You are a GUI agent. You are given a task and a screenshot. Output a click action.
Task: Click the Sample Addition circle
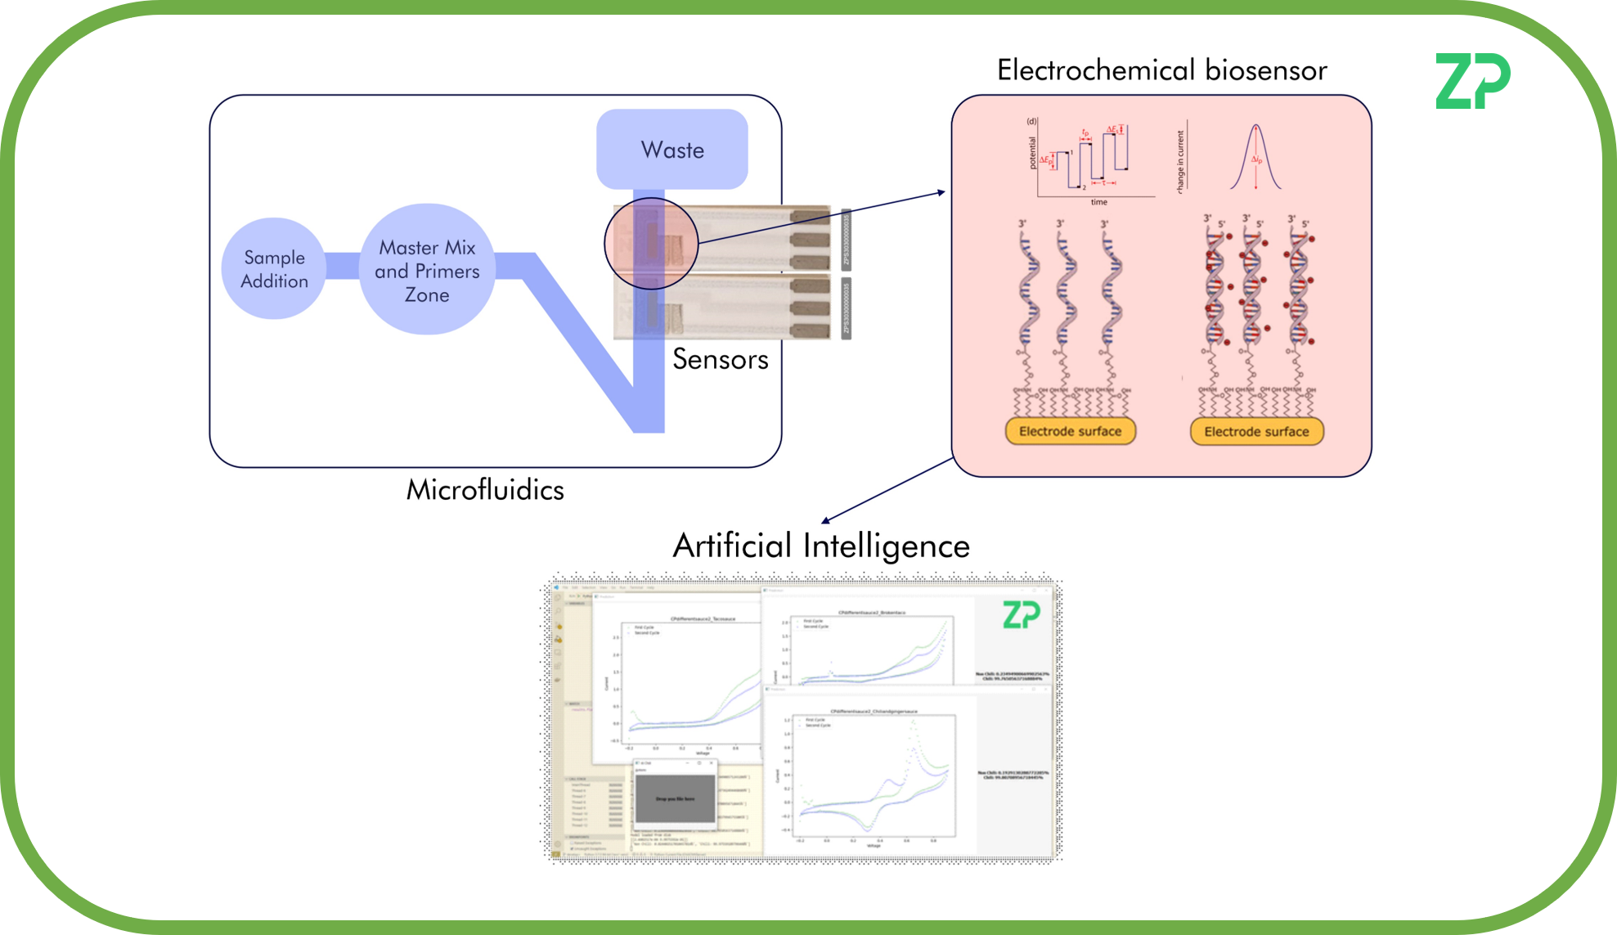coord(274,268)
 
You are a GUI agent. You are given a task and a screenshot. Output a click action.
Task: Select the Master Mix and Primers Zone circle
coord(427,270)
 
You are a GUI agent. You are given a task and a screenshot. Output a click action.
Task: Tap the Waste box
coord(672,150)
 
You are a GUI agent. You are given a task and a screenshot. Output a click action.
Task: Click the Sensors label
coord(720,359)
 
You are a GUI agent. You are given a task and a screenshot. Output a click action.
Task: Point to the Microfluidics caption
coord(485,490)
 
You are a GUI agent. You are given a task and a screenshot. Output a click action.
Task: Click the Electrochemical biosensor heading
coord(1161,70)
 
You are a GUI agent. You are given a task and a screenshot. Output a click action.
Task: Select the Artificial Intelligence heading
coord(821,546)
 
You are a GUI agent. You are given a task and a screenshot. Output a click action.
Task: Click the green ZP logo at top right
coord(1472,81)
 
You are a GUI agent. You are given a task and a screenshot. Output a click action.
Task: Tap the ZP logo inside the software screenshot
coord(1021,615)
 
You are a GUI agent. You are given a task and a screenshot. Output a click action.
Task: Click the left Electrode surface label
coord(1070,431)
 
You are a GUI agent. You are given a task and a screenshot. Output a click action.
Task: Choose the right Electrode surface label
coord(1256,431)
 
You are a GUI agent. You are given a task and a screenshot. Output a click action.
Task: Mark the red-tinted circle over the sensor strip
coord(651,244)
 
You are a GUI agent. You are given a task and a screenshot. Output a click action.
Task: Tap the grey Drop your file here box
coord(675,798)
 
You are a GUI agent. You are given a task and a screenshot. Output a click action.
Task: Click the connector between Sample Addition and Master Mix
coord(342,267)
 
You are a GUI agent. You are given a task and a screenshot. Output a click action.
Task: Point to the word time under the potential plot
coord(1098,202)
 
